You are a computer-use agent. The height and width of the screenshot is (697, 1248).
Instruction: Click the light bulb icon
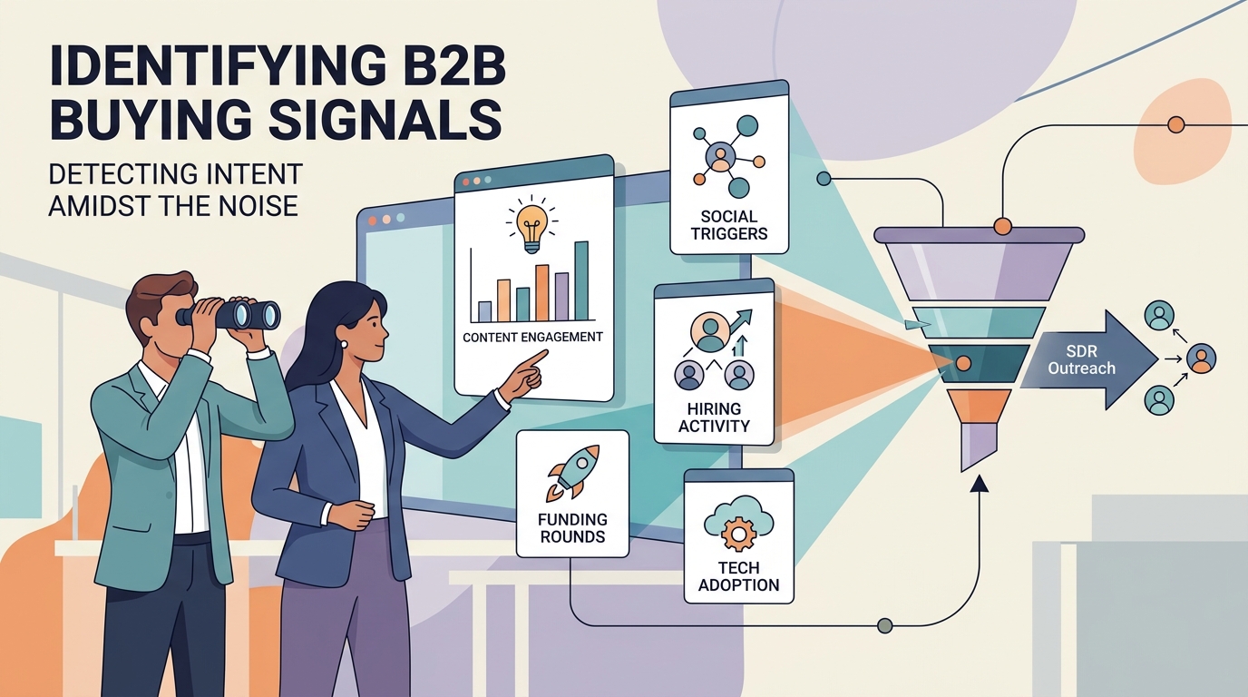531,225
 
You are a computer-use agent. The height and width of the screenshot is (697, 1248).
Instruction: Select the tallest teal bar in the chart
581,281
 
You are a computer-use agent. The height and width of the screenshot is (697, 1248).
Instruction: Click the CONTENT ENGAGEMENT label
532,338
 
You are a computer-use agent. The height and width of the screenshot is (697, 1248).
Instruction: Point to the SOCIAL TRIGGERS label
728,225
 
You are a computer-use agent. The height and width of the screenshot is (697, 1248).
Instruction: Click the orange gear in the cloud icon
739,535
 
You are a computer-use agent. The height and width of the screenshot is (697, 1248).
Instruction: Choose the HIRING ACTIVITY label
714,417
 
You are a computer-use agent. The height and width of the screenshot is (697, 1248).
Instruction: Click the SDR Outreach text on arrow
1081,359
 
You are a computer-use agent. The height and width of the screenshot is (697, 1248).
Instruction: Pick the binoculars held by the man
229,315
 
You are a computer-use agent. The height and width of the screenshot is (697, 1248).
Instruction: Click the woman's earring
344,344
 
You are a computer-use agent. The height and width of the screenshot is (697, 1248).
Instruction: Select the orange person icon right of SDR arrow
1201,358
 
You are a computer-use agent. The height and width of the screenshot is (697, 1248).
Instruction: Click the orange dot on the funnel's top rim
1002,226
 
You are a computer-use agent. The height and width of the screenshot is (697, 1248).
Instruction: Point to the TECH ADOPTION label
739,576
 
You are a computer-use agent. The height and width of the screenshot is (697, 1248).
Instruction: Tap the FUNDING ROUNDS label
572,528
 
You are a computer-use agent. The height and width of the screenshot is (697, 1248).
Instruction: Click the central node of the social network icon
720,155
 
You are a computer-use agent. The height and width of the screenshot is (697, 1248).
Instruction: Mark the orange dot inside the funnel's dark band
963,364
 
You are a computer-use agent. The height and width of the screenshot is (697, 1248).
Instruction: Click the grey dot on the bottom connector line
884,625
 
